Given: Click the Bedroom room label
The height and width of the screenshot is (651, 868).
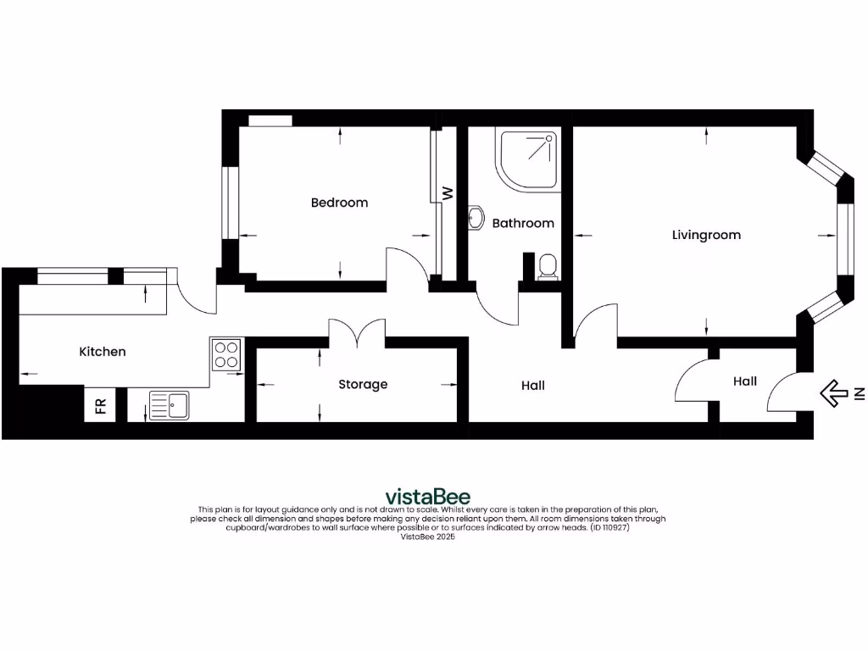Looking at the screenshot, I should (339, 203).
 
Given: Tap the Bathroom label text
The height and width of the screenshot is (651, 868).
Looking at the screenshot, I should (523, 224).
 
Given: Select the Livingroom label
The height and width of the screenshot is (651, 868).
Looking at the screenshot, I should (706, 235).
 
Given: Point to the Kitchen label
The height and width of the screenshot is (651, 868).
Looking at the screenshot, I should (103, 352).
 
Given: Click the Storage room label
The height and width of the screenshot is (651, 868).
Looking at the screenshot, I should (363, 385).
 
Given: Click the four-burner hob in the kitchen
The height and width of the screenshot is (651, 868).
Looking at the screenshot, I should (226, 354).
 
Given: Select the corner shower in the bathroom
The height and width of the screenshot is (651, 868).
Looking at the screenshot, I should (527, 159).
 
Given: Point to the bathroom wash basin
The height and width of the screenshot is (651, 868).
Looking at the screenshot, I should (474, 218).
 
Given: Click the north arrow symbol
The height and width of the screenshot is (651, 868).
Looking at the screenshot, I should (836, 392).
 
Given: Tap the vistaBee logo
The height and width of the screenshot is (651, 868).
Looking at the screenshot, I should (428, 496).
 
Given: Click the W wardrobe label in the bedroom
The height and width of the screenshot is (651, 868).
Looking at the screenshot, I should (448, 193).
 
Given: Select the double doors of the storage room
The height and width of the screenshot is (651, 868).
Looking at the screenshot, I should (357, 332).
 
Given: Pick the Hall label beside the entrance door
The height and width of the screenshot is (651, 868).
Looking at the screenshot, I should (745, 381).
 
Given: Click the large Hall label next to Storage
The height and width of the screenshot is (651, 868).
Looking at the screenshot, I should (533, 386).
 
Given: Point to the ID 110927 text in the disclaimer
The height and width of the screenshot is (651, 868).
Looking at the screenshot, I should (609, 527).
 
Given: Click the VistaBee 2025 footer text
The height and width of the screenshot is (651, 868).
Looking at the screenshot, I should (427, 537).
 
